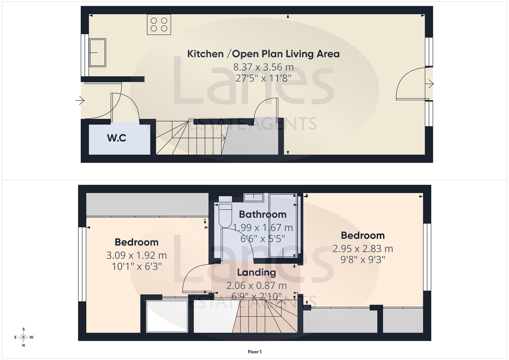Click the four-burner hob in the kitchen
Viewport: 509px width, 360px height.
coord(159,24)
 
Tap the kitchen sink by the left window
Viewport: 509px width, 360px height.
coord(97,53)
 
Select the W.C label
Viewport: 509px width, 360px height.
coord(117,138)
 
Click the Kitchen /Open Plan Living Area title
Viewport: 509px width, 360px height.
coord(263,54)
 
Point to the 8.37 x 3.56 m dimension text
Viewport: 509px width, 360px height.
coord(263,67)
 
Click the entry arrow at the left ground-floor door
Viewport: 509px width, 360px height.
coord(80,100)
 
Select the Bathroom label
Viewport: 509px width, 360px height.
coord(263,214)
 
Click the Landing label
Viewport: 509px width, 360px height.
coord(256,272)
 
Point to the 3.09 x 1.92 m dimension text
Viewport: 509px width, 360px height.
coord(136,255)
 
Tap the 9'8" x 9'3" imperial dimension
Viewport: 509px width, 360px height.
coord(363,259)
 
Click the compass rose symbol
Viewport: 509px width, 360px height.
coord(23,337)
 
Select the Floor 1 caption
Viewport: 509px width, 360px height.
coord(255,352)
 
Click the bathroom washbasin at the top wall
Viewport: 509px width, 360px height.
coord(254,197)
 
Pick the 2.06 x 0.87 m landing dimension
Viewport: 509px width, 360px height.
coord(256,286)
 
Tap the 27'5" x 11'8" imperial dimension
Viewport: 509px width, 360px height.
coord(263,78)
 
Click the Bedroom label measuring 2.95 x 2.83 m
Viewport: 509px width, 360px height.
coord(363,235)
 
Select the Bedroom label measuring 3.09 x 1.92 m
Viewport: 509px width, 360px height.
coord(136,242)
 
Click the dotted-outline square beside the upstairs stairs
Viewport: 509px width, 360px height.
coord(167,316)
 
